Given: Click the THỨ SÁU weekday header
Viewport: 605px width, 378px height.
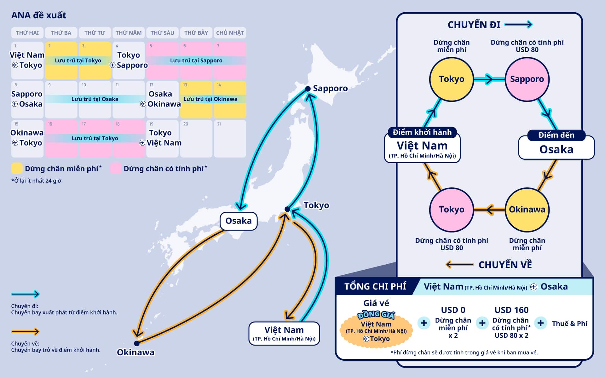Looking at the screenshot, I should (162, 33).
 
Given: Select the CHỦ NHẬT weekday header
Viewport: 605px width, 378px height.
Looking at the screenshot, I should (230, 33).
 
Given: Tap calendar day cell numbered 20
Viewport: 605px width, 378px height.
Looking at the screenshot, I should (196, 138).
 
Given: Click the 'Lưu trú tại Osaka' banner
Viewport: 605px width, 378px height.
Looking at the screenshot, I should (95, 99).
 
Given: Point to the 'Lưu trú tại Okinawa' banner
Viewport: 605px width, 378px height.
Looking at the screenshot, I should (210, 99).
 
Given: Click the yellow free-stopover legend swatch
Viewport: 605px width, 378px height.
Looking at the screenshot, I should (17, 168).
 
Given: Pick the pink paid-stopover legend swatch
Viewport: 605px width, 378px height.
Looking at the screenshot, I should (116, 168).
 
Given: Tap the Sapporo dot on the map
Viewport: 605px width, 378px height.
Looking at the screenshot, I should (308, 89).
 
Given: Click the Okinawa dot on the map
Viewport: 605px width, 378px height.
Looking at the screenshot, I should (136, 343).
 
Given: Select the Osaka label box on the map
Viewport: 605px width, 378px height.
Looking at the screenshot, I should (239, 221).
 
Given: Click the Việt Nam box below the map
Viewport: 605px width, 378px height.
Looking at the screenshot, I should (284, 333).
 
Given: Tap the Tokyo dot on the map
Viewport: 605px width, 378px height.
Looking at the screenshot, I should (287, 209).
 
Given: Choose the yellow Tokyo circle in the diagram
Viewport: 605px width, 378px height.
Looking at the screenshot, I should (452, 79).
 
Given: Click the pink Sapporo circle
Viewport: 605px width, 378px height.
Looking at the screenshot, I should (527, 79).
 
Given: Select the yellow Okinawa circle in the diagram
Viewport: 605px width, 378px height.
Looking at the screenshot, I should (527, 209).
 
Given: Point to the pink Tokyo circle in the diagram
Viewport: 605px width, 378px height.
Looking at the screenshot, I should (452, 209).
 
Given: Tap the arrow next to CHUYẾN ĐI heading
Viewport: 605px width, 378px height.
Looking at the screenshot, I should (518, 25).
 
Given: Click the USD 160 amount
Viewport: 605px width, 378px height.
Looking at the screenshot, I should (511, 310).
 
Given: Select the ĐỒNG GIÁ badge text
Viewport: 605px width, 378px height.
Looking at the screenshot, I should (376, 315).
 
